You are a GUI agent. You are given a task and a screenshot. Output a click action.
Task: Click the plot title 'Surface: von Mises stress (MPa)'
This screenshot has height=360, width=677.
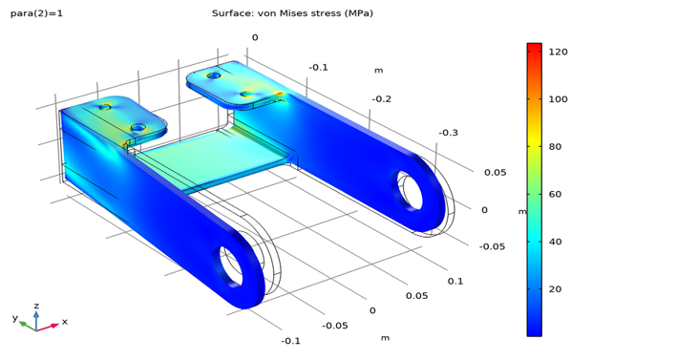[292, 13]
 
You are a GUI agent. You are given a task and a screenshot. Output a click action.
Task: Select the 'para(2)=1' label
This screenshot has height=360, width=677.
[36, 13]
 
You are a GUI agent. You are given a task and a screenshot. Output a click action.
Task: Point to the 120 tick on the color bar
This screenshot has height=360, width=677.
[558, 52]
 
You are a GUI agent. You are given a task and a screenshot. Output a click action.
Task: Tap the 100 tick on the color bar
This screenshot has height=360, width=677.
[558, 99]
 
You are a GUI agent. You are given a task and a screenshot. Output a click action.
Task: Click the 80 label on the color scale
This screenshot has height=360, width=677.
[555, 147]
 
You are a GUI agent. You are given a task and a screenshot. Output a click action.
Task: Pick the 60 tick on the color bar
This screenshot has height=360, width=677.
[555, 194]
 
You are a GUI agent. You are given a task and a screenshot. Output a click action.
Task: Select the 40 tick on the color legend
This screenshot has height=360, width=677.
[555, 242]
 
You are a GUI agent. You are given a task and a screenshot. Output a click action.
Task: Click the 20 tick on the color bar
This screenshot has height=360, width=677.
[555, 289]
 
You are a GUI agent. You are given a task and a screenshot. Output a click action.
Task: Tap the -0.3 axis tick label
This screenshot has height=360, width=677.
[448, 133]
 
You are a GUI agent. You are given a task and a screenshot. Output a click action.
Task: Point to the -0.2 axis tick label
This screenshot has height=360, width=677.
[382, 99]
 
